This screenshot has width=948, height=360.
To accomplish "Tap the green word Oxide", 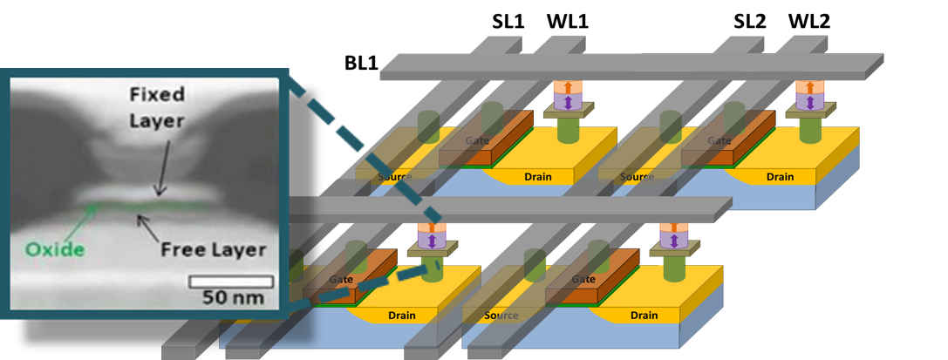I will [x=55, y=250].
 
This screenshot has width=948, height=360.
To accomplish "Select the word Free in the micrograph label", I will [x=181, y=250].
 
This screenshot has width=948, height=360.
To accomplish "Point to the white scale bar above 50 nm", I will [x=231, y=282].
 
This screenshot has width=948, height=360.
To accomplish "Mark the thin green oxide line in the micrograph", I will [x=148, y=207].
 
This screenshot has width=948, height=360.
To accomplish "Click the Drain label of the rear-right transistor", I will [x=780, y=177].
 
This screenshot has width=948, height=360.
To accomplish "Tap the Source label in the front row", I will [x=501, y=316].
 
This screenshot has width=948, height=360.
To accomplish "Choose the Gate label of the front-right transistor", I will [x=583, y=279].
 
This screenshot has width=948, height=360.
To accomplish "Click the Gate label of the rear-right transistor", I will [x=719, y=140].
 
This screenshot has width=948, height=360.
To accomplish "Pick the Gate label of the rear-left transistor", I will [x=476, y=140].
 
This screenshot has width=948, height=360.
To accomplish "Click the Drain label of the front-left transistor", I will [x=402, y=315].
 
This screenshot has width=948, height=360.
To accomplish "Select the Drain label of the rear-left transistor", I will [x=537, y=177].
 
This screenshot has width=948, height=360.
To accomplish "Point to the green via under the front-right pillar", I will [x=673, y=268].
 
